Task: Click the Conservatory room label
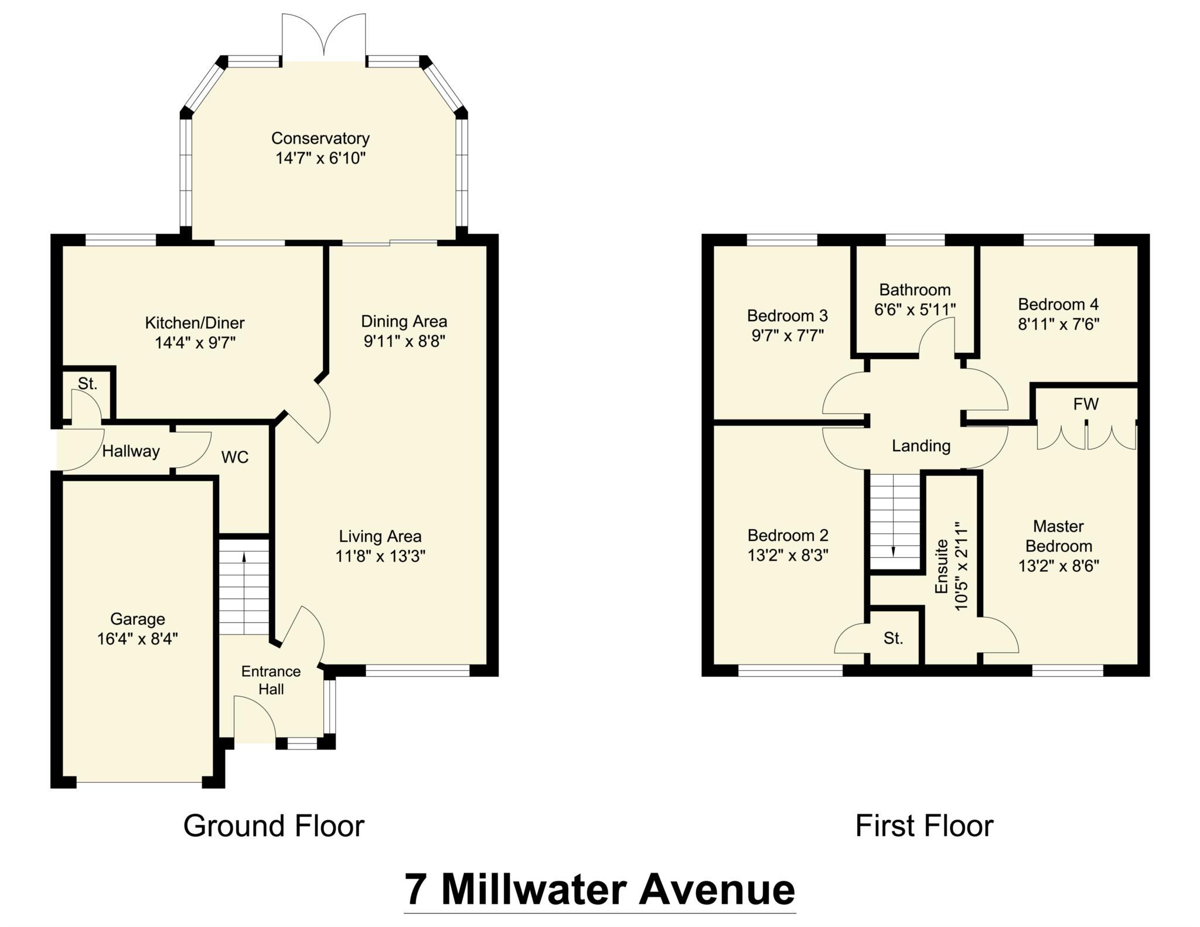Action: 320,138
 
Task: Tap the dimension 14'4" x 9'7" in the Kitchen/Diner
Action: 195,343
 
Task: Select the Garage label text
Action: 138,619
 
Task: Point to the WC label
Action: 235,457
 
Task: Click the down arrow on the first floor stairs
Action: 894,551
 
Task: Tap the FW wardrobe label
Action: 1085,404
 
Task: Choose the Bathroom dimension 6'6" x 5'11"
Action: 915,309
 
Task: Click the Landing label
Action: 921,446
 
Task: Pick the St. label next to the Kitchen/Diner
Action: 87,384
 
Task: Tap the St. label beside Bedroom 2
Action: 893,638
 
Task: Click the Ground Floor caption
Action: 274,826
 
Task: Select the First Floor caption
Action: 924,826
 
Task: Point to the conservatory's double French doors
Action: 324,36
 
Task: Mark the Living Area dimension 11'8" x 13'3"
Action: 380,556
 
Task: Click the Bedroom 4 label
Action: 1058,304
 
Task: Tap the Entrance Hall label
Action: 271,680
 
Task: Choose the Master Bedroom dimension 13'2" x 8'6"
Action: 1058,566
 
